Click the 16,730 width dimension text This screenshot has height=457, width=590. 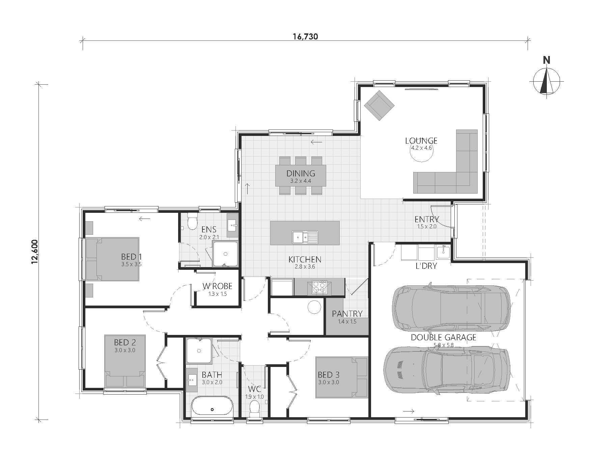pyautogui.click(x=305, y=36)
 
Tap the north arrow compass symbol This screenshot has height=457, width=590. pyautogui.click(x=546, y=81)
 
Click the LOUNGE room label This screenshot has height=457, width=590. pyautogui.click(x=421, y=141)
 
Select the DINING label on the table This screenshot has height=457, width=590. pyautogui.click(x=301, y=173)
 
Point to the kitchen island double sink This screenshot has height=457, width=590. pyautogui.click(x=305, y=237)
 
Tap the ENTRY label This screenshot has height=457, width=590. pyautogui.click(x=427, y=220)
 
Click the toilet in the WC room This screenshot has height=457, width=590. pyautogui.click(x=254, y=407)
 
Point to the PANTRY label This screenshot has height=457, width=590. pyautogui.click(x=347, y=314)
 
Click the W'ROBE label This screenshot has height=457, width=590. pyautogui.click(x=217, y=286)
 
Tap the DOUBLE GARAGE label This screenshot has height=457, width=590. pyautogui.click(x=443, y=337)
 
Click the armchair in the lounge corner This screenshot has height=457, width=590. pyautogui.click(x=379, y=105)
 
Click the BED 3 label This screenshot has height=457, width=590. pyautogui.click(x=328, y=375)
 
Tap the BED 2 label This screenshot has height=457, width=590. pyautogui.click(x=125, y=343)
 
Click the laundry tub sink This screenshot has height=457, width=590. pyautogui.click(x=443, y=252)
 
